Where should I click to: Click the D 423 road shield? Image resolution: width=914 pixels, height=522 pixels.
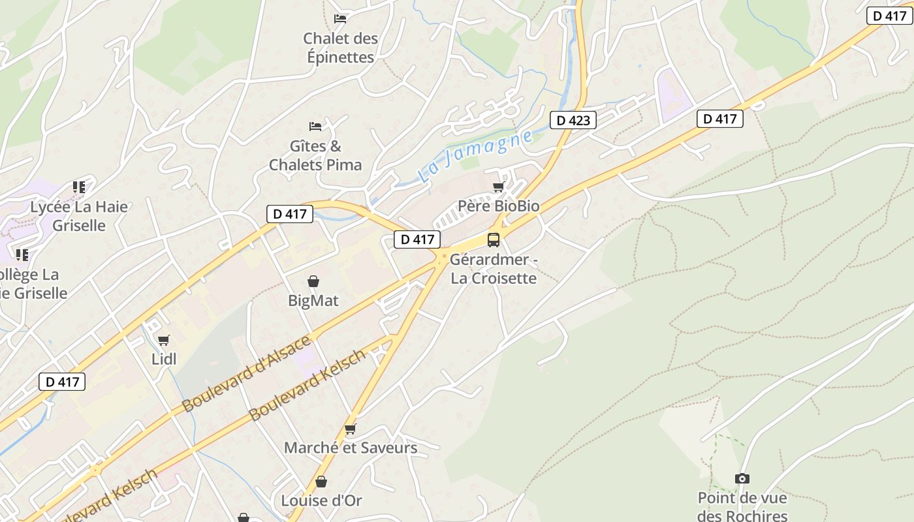[573, 120]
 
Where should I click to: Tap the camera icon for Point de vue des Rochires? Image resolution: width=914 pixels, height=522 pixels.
[742, 479]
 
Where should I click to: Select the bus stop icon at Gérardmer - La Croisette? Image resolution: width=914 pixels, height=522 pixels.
[494, 239]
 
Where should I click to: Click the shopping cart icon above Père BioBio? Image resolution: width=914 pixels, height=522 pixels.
[499, 187]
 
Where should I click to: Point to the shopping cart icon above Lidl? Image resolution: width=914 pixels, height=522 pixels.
[164, 340]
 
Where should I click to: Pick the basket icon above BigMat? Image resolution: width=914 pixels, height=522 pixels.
[313, 281]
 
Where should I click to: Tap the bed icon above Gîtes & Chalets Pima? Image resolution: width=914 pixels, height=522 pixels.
[315, 126]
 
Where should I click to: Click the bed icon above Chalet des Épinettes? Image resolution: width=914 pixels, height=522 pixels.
[340, 18]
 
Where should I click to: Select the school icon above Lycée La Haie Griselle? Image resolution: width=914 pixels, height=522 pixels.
[79, 188]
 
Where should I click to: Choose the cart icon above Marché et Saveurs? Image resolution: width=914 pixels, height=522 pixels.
[351, 429]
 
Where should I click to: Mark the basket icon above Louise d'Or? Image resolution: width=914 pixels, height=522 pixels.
[321, 482]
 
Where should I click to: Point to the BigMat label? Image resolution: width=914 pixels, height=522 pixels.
[313, 301]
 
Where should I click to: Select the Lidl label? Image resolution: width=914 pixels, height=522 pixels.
[164, 359]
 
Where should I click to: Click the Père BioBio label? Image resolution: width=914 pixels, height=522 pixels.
[499, 206]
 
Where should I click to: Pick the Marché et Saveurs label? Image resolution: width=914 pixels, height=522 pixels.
[351, 448]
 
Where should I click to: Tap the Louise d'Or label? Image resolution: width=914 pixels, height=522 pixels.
[321, 500]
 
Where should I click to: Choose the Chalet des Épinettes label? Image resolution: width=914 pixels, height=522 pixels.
[340, 48]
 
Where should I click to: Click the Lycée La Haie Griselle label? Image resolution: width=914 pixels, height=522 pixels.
[79, 216]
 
